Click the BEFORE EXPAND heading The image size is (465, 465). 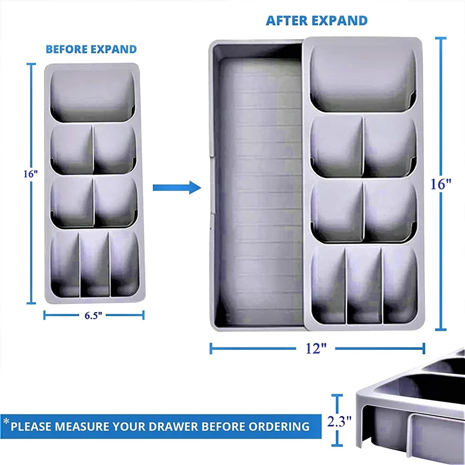tap(91, 49)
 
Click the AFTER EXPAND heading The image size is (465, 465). tap(317, 20)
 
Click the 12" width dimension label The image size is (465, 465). tap(316, 349)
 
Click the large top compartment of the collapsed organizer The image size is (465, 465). tap(92, 94)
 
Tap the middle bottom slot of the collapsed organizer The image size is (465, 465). tap(94, 264)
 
